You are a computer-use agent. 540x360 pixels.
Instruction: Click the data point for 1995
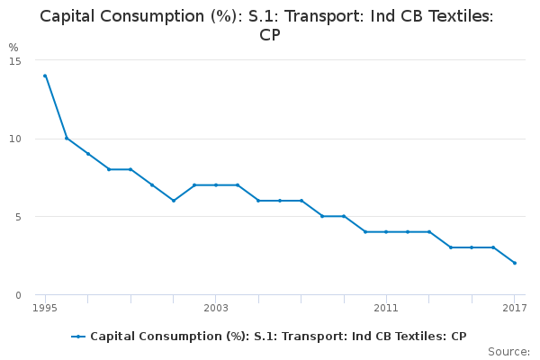(45, 76)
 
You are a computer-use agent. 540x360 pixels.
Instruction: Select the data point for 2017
(514, 263)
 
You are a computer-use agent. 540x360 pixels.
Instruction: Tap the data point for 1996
(67, 138)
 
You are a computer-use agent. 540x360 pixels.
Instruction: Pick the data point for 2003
(216, 184)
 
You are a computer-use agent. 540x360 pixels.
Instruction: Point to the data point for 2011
(386, 231)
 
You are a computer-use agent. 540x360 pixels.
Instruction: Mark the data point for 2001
(173, 201)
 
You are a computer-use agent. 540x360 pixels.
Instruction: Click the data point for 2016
(493, 247)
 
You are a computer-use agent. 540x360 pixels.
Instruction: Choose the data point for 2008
(322, 216)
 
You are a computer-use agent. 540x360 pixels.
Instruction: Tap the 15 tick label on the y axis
(16, 60)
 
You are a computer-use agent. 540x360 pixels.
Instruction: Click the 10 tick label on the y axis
(16, 139)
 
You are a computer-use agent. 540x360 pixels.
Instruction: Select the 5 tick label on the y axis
(19, 217)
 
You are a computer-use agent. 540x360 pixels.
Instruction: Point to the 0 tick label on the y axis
(19, 295)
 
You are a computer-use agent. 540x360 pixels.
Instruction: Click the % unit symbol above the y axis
(13, 47)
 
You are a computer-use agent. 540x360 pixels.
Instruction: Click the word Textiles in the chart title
(445, 17)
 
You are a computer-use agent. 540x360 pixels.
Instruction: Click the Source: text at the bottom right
(508, 351)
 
